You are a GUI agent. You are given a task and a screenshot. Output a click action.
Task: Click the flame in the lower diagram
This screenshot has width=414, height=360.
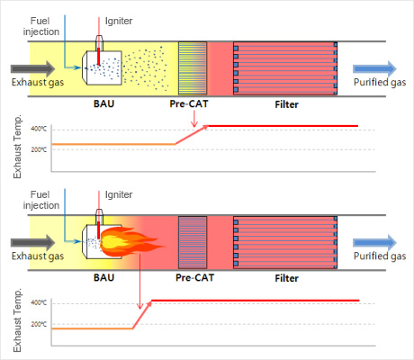pyautogui.click(x=129, y=241)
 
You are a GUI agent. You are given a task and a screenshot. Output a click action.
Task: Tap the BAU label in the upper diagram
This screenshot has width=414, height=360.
pyautogui.click(x=103, y=103)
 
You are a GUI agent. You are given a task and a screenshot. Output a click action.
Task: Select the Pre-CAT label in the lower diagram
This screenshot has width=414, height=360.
pyautogui.click(x=194, y=277)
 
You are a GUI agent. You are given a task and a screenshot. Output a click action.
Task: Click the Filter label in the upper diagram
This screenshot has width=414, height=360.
pyautogui.click(x=286, y=104)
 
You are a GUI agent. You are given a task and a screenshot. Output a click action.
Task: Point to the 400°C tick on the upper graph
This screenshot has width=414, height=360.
pyautogui.click(x=39, y=129)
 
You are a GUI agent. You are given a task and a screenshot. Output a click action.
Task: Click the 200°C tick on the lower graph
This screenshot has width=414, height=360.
pyautogui.click(x=39, y=324)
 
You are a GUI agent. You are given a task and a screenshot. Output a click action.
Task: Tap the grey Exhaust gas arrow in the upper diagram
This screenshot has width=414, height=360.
pyautogui.click(x=33, y=68)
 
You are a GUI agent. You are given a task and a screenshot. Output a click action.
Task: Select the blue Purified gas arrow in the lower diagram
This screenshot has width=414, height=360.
pyautogui.click(x=374, y=243)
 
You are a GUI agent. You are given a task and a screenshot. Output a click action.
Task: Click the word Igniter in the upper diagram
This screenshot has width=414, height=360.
pyautogui.click(x=119, y=22)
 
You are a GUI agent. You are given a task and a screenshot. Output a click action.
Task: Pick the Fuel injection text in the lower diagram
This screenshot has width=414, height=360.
pyautogui.click(x=41, y=200)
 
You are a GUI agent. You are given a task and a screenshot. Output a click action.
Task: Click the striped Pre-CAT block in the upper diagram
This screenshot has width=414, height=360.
pyautogui.click(x=193, y=68)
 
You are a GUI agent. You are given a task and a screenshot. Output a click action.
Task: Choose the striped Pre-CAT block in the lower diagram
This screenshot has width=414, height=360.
pyautogui.click(x=193, y=242)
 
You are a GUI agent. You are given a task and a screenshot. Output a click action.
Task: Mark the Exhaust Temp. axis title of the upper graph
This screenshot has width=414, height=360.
pyautogui.click(x=17, y=147)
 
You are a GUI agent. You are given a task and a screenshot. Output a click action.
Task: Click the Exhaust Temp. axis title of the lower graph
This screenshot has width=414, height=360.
pyautogui.click(x=17, y=320)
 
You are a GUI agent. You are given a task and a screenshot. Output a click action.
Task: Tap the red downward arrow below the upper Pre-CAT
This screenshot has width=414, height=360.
pyautogui.click(x=194, y=119)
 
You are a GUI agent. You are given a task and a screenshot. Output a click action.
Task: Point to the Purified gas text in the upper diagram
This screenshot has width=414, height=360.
pyautogui.click(x=380, y=82)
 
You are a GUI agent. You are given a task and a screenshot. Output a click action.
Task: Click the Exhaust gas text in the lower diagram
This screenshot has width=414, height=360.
pyautogui.click(x=38, y=256)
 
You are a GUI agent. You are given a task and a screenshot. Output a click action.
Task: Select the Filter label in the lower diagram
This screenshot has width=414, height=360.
pyautogui.click(x=286, y=278)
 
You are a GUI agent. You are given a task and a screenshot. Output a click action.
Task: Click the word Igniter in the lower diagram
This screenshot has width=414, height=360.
pyautogui.click(x=119, y=195)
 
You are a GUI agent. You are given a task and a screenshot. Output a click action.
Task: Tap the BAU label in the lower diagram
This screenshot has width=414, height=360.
pyautogui.click(x=103, y=277)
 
